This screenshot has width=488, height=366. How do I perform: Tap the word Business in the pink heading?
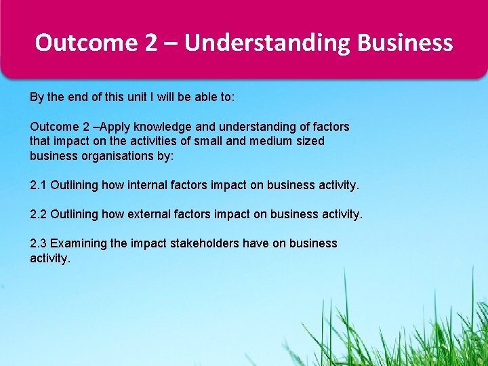pyautogui.click(x=405, y=43)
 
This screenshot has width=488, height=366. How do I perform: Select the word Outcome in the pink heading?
pyautogui.click(x=86, y=43)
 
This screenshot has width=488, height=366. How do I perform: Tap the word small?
pyautogui.click(x=211, y=141)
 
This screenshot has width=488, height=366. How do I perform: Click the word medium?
pyautogui.click(x=272, y=141)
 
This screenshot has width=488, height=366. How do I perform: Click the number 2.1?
pyautogui.click(x=39, y=185)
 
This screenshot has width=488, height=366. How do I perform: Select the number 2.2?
pyautogui.click(x=39, y=214)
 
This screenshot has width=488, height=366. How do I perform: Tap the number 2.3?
pyautogui.click(x=39, y=243)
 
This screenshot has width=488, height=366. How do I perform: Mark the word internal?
pyautogui.click(x=146, y=185)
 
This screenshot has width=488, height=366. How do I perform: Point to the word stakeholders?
pyautogui.click(x=203, y=243)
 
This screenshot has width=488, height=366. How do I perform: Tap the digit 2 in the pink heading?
pyautogui.click(x=150, y=43)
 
